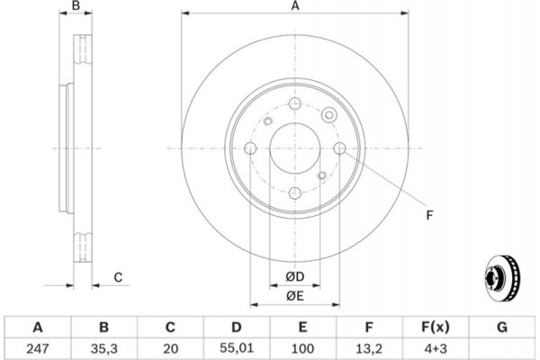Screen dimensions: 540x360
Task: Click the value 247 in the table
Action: (x=38, y=348)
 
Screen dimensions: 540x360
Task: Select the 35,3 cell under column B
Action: (x=104, y=349)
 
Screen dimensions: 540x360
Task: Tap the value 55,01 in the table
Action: (x=236, y=348)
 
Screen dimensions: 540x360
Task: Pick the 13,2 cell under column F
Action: (x=369, y=349)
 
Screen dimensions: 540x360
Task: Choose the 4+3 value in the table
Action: (x=436, y=348)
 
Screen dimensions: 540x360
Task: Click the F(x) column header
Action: (x=436, y=327)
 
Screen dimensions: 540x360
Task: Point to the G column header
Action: (x=502, y=327)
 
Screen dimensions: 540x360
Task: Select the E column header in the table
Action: (x=302, y=327)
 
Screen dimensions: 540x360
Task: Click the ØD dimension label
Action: (x=295, y=276)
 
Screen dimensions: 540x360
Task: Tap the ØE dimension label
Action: (x=295, y=295)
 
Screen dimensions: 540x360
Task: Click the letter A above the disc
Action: (x=295, y=6)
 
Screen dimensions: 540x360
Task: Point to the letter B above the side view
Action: (x=76, y=5)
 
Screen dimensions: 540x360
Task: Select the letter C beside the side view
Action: (x=118, y=277)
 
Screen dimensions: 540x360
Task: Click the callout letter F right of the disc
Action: (x=429, y=215)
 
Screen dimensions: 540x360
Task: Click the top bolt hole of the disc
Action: (x=295, y=103)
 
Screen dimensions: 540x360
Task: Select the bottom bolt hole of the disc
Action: (x=295, y=193)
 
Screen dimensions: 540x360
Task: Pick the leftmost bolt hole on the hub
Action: (x=250, y=148)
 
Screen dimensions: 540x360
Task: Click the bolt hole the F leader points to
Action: (x=340, y=148)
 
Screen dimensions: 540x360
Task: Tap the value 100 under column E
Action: (x=302, y=348)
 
